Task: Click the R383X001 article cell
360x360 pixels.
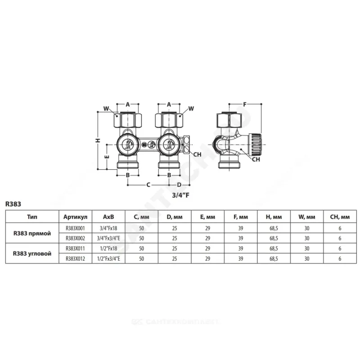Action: pos(75,228)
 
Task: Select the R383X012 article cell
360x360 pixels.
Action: pos(75,259)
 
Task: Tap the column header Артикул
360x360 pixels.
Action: pos(75,217)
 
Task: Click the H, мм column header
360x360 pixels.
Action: pos(274,217)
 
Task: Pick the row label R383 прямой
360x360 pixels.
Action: pos(32,234)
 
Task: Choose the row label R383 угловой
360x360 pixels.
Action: pos(32,254)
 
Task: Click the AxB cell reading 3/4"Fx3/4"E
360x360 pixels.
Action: pos(108,238)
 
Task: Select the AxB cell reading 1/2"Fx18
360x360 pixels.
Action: pos(108,248)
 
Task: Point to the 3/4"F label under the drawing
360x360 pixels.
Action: pos(181,195)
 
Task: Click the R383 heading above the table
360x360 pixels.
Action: pos(13,204)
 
